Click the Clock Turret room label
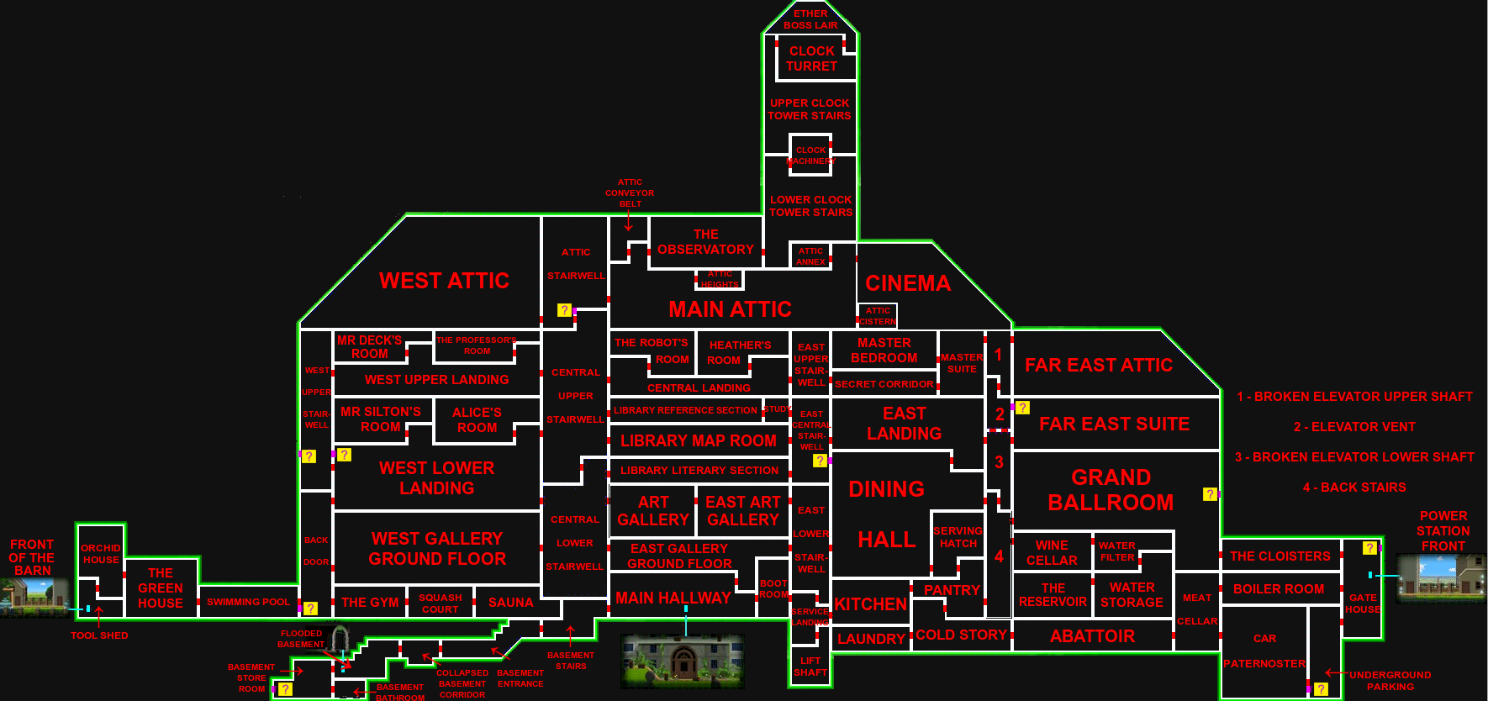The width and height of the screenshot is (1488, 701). coord(811,59)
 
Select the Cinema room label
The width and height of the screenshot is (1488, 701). coord(908,283)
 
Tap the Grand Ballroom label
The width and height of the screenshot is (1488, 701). coord(1111,490)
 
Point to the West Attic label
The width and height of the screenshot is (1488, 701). coord(444,281)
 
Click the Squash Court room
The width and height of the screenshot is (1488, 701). coord(441,603)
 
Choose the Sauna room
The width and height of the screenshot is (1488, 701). coord(510,603)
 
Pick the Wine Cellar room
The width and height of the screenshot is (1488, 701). coord(1052,553)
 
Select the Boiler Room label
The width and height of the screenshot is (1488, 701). coord(1278,589)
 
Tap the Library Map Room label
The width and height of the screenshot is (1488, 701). coord(698,441)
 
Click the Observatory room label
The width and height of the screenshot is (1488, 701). coord(705,242)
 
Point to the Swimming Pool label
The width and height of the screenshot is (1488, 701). coord(248,602)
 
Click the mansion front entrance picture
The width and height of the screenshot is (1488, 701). coord(682,661)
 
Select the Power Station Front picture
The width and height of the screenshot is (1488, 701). coord(1441,577)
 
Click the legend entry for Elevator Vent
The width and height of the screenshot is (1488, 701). coord(1353,427)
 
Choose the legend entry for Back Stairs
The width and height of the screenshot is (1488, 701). coord(1353,488)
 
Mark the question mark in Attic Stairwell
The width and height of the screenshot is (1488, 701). coord(564,310)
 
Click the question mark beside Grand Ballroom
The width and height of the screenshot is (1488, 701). coord(1210,494)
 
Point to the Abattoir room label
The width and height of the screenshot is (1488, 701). coord(1092,636)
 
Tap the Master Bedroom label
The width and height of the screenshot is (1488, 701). coord(884,350)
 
